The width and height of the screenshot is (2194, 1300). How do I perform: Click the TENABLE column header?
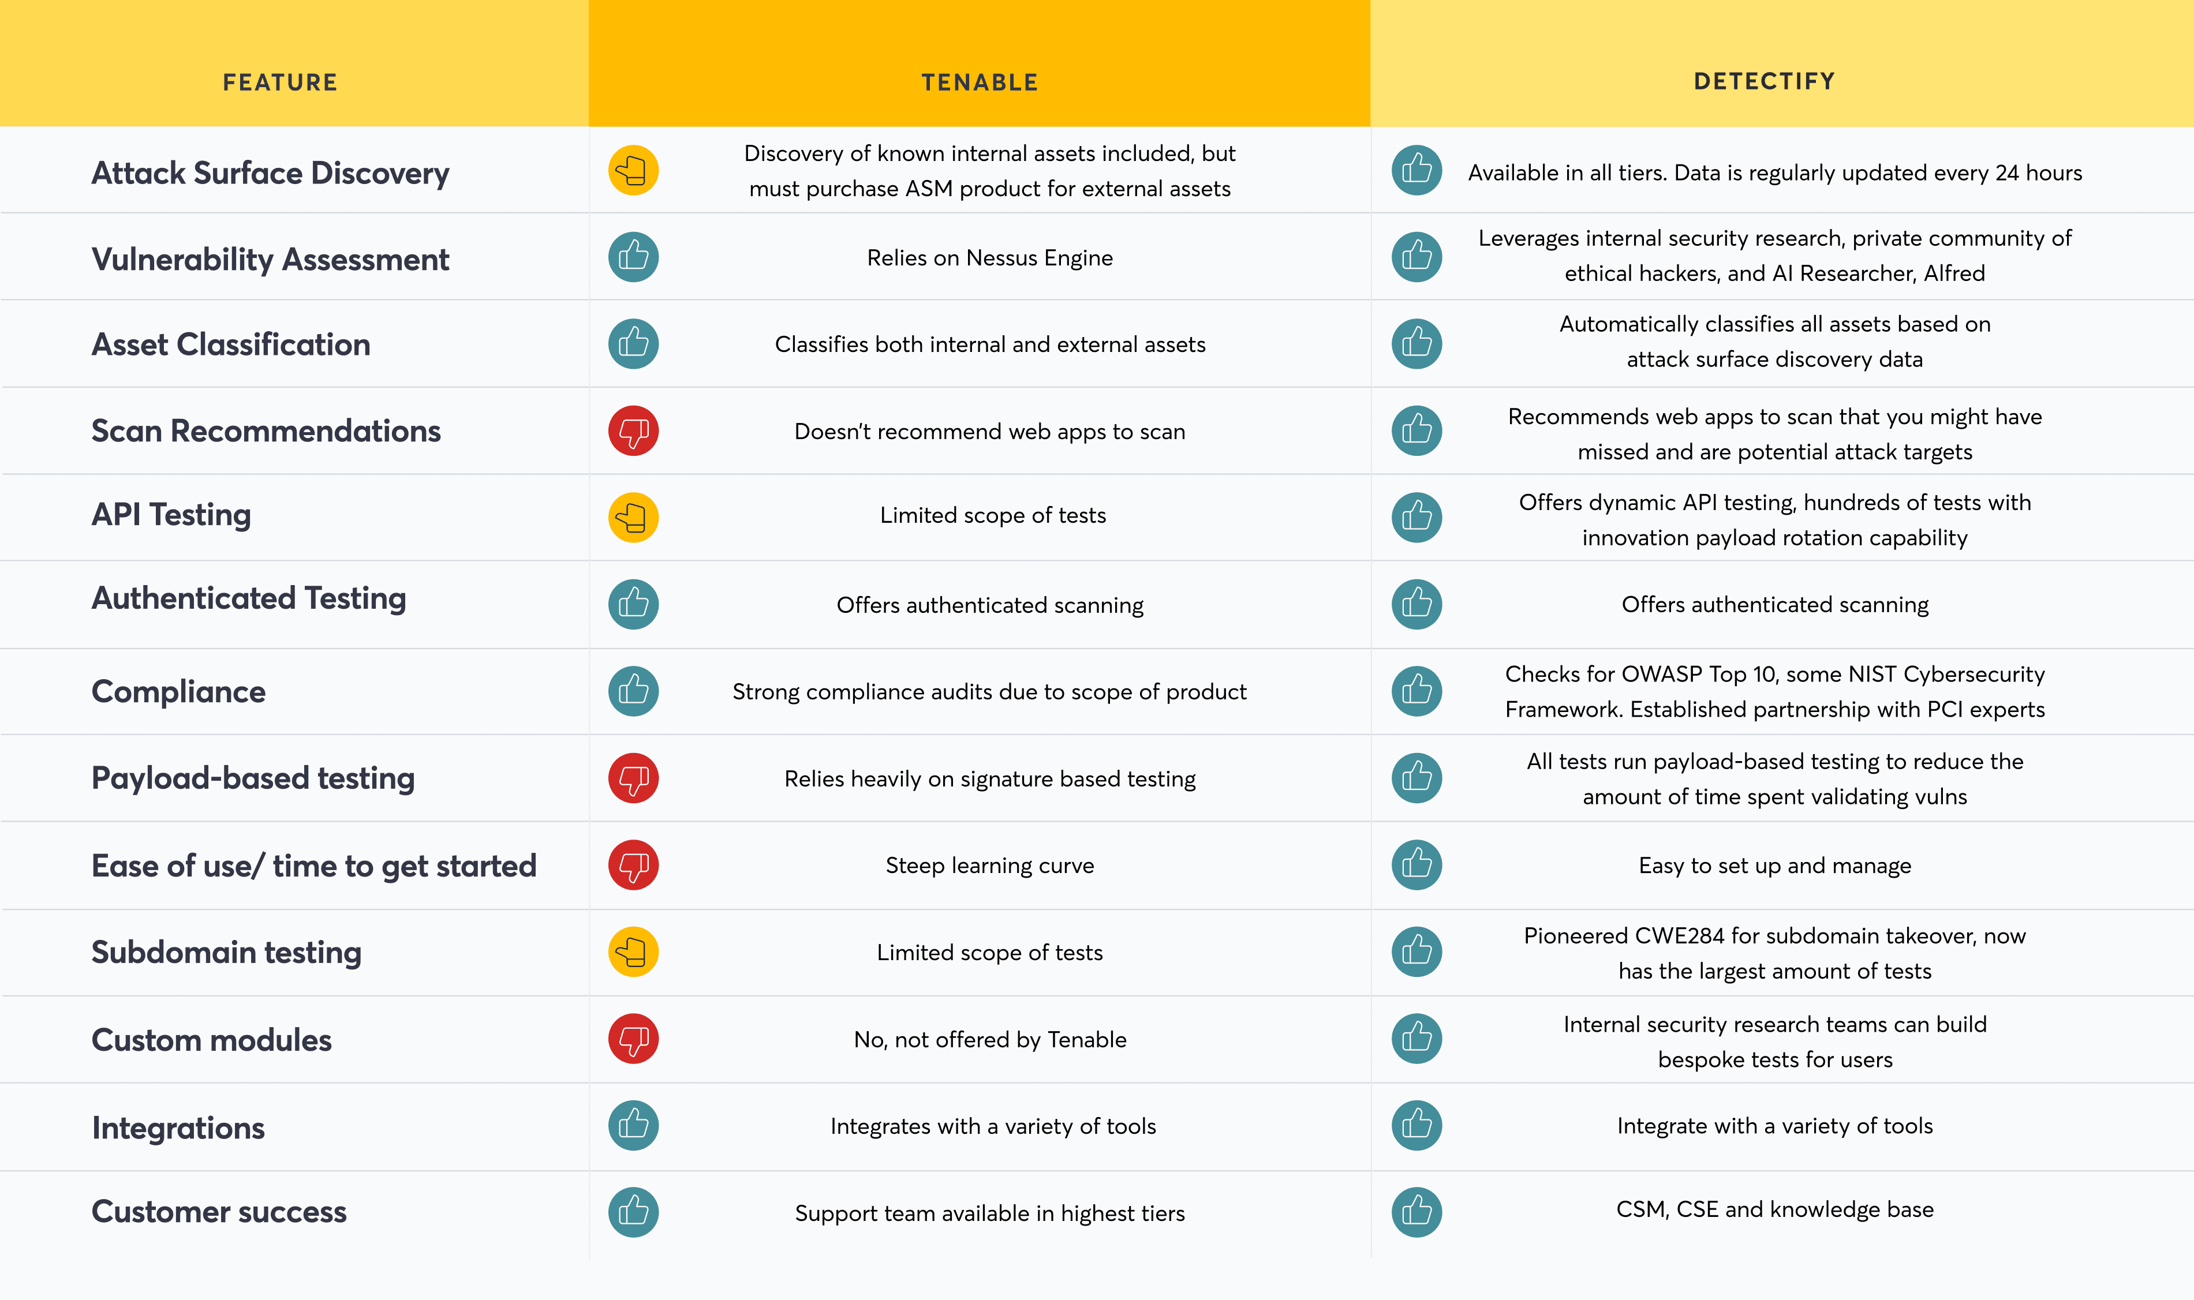point(980,83)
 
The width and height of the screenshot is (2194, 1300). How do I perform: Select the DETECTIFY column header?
point(1764,81)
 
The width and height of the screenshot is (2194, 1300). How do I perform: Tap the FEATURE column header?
point(279,83)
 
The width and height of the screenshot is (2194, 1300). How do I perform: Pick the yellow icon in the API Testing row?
point(633,517)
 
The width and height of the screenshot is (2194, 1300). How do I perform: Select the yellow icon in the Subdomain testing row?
point(633,951)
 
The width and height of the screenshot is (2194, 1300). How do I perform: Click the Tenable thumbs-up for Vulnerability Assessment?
point(633,257)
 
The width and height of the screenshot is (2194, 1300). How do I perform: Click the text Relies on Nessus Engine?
point(989,257)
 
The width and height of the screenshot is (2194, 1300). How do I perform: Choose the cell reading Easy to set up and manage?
point(1774,866)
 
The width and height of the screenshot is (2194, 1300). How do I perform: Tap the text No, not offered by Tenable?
point(990,1039)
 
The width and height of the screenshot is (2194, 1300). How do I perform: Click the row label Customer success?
point(219,1212)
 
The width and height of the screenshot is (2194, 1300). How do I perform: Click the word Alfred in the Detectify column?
point(1954,274)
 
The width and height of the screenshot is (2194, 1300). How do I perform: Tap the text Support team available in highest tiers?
point(989,1213)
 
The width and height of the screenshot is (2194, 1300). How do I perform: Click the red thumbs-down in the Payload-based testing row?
point(633,778)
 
